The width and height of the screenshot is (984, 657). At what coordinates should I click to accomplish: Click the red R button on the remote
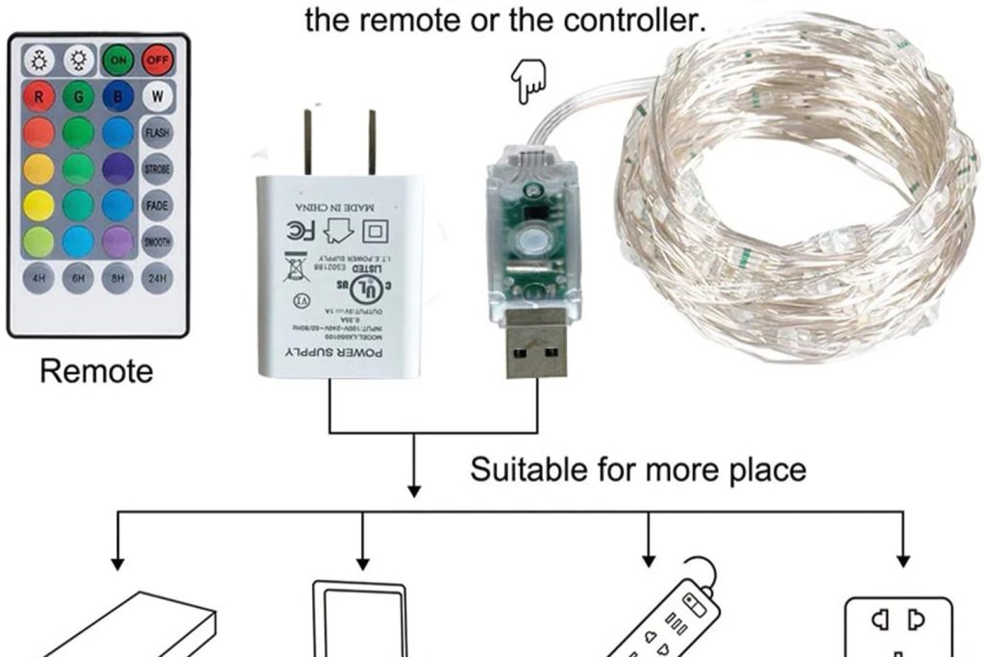(37, 96)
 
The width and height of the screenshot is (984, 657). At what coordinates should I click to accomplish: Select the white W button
(157, 96)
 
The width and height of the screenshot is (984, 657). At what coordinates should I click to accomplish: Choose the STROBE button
(157, 169)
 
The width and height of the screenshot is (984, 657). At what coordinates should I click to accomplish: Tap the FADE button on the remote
(157, 205)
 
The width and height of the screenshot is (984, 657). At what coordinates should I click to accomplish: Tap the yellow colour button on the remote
(37, 205)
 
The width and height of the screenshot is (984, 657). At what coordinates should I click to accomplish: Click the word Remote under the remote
(96, 371)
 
